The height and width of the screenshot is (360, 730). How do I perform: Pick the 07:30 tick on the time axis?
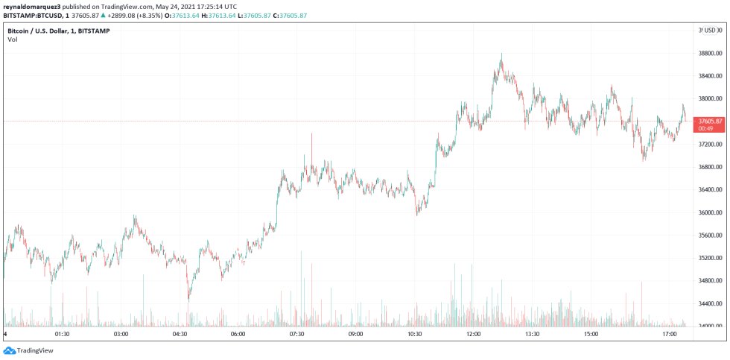pyautogui.click(x=296, y=335)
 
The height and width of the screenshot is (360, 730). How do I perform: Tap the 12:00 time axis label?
pyautogui.click(x=473, y=335)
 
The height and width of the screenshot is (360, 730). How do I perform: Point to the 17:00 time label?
pyautogui.click(x=669, y=335)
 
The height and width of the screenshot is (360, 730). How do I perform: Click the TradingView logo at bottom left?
pyautogui.click(x=22, y=350)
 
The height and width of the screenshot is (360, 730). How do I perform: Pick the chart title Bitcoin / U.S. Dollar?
pyautogui.click(x=45, y=31)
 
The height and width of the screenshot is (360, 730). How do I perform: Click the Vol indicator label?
pyautogui.click(x=12, y=40)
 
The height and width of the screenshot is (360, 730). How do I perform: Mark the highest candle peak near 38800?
pyautogui.click(x=501, y=54)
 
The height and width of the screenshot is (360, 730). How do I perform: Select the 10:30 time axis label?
pyautogui.click(x=414, y=335)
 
